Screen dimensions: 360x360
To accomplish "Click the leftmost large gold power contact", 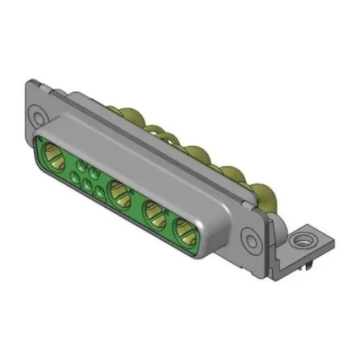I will pos(53,152).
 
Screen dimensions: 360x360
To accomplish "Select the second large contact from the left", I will pos(118,189).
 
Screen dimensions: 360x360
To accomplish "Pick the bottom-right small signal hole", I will pos(99,191).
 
